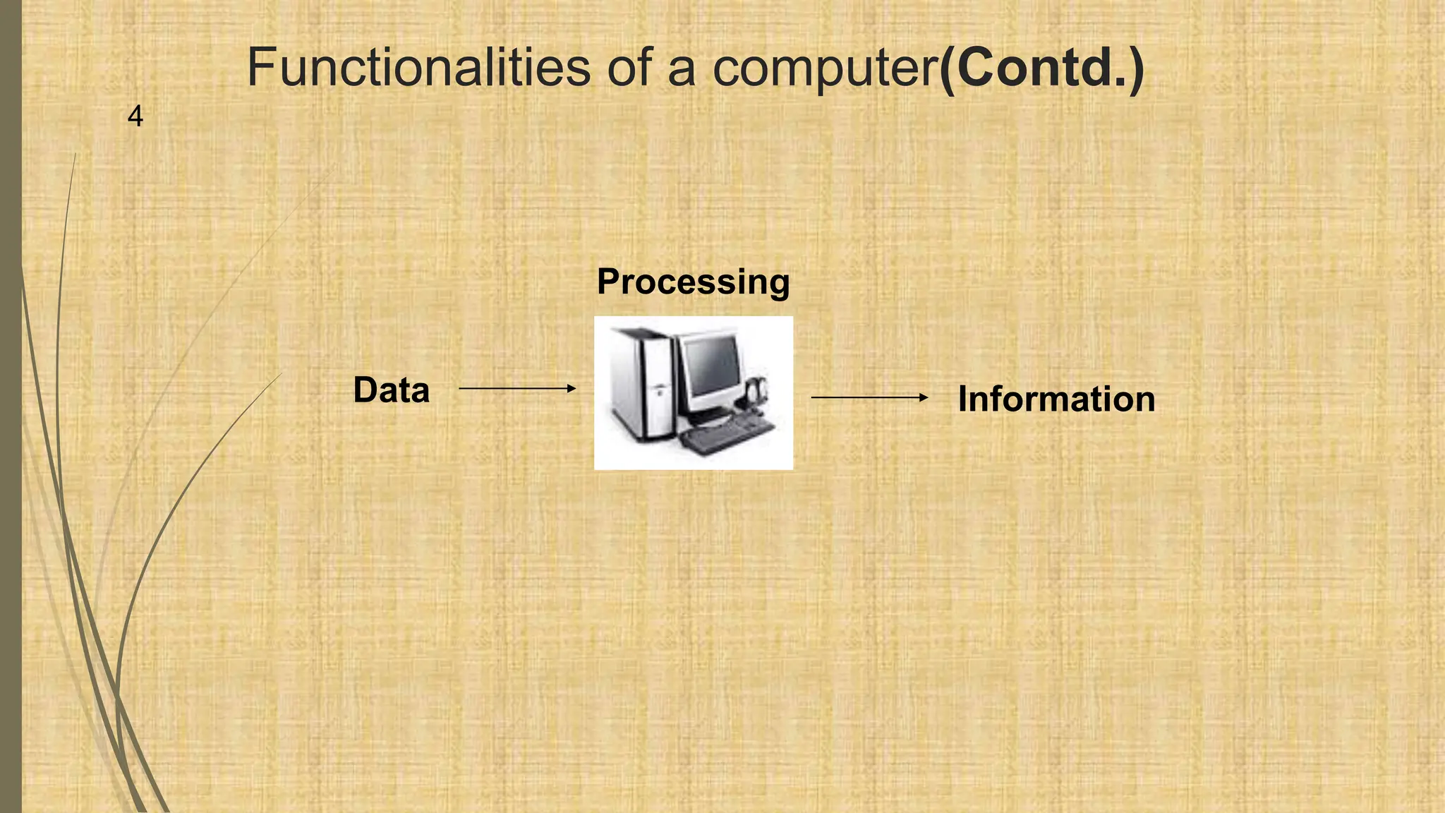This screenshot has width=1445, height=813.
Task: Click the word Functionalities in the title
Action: tap(418, 68)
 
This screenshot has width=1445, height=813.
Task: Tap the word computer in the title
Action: tap(825, 69)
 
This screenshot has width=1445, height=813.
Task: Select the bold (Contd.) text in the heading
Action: tap(1041, 68)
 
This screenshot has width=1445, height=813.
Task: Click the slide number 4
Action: tap(135, 116)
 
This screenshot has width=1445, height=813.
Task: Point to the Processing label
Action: tap(693, 282)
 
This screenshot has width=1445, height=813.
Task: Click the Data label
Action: tap(391, 390)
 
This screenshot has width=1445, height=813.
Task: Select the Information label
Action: tap(1056, 399)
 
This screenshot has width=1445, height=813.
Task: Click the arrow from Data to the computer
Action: tap(516, 388)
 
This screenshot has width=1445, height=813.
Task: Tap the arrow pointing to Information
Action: tap(869, 397)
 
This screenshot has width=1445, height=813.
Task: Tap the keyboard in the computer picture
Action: tap(727, 433)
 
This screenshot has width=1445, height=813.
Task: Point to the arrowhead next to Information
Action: tap(924, 397)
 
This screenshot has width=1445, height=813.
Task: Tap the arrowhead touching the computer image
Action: tap(572, 388)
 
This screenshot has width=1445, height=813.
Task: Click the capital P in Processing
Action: tap(608, 282)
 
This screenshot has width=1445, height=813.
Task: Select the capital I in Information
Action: tap(962, 399)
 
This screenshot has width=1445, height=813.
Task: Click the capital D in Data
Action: tap(365, 390)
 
